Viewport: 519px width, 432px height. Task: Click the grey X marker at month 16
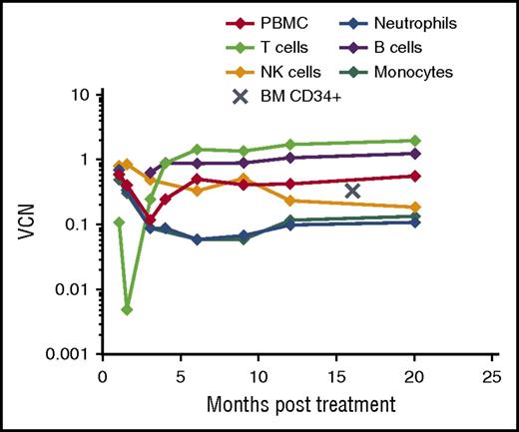351,191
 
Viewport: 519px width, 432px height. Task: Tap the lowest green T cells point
128,309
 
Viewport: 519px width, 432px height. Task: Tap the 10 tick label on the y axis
84,96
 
